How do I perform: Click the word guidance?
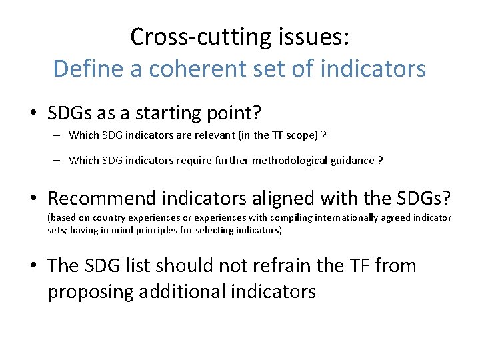pyautogui.click(x=354, y=160)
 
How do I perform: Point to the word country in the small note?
pyautogui.click(x=110, y=218)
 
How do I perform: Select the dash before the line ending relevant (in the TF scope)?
pyautogui.click(x=59, y=135)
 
